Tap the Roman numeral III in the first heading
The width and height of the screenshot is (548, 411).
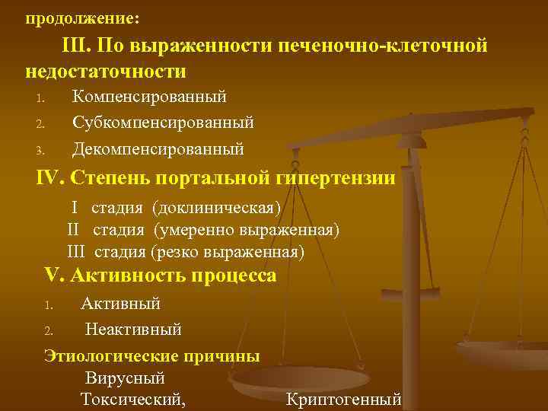(x=76, y=47)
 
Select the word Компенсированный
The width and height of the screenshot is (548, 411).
(x=149, y=97)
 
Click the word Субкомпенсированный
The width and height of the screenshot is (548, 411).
(x=163, y=123)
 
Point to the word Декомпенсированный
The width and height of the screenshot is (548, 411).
(x=158, y=148)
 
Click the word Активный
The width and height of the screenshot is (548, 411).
(x=121, y=304)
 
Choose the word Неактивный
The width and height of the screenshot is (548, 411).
(x=133, y=330)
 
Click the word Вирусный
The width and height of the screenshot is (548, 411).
(x=125, y=378)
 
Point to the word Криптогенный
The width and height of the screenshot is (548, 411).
(x=343, y=399)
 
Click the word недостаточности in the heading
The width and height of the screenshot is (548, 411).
(x=106, y=72)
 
